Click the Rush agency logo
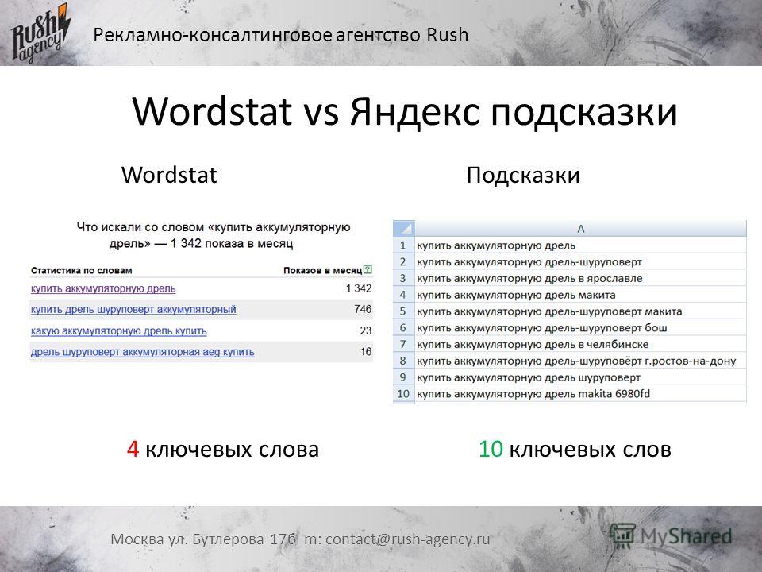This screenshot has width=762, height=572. click(x=40, y=33)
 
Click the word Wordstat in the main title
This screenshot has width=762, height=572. click(x=212, y=111)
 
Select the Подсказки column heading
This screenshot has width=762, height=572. click(x=523, y=175)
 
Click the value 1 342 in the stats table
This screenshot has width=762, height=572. click(x=359, y=288)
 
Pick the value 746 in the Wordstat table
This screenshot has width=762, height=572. click(x=363, y=309)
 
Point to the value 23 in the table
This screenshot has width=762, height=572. click(x=366, y=330)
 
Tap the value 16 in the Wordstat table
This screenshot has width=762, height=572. click(x=366, y=352)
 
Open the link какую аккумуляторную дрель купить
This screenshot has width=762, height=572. click(x=118, y=331)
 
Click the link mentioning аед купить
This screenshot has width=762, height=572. click(x=142, y=352)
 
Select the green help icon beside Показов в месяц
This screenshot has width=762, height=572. click(x=368, y=269)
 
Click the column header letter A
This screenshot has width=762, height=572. click(x=581, y=229)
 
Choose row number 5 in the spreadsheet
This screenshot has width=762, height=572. click(x=403, y=311)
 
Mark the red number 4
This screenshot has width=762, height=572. click(x=133, y=449)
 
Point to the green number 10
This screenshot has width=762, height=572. click(x=491, y=449)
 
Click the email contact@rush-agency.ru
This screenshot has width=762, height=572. click(x=408, y=539)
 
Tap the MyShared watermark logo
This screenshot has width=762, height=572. click(x=672, y=536)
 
